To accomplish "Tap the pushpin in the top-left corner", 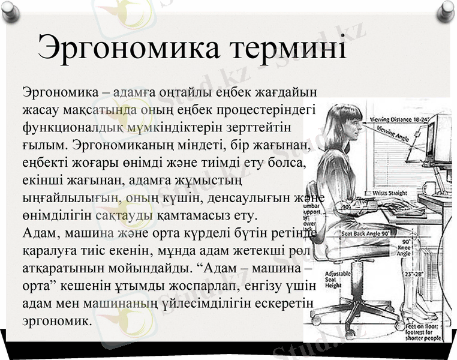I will (11, 11).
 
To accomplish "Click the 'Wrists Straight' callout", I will (390, 193).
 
